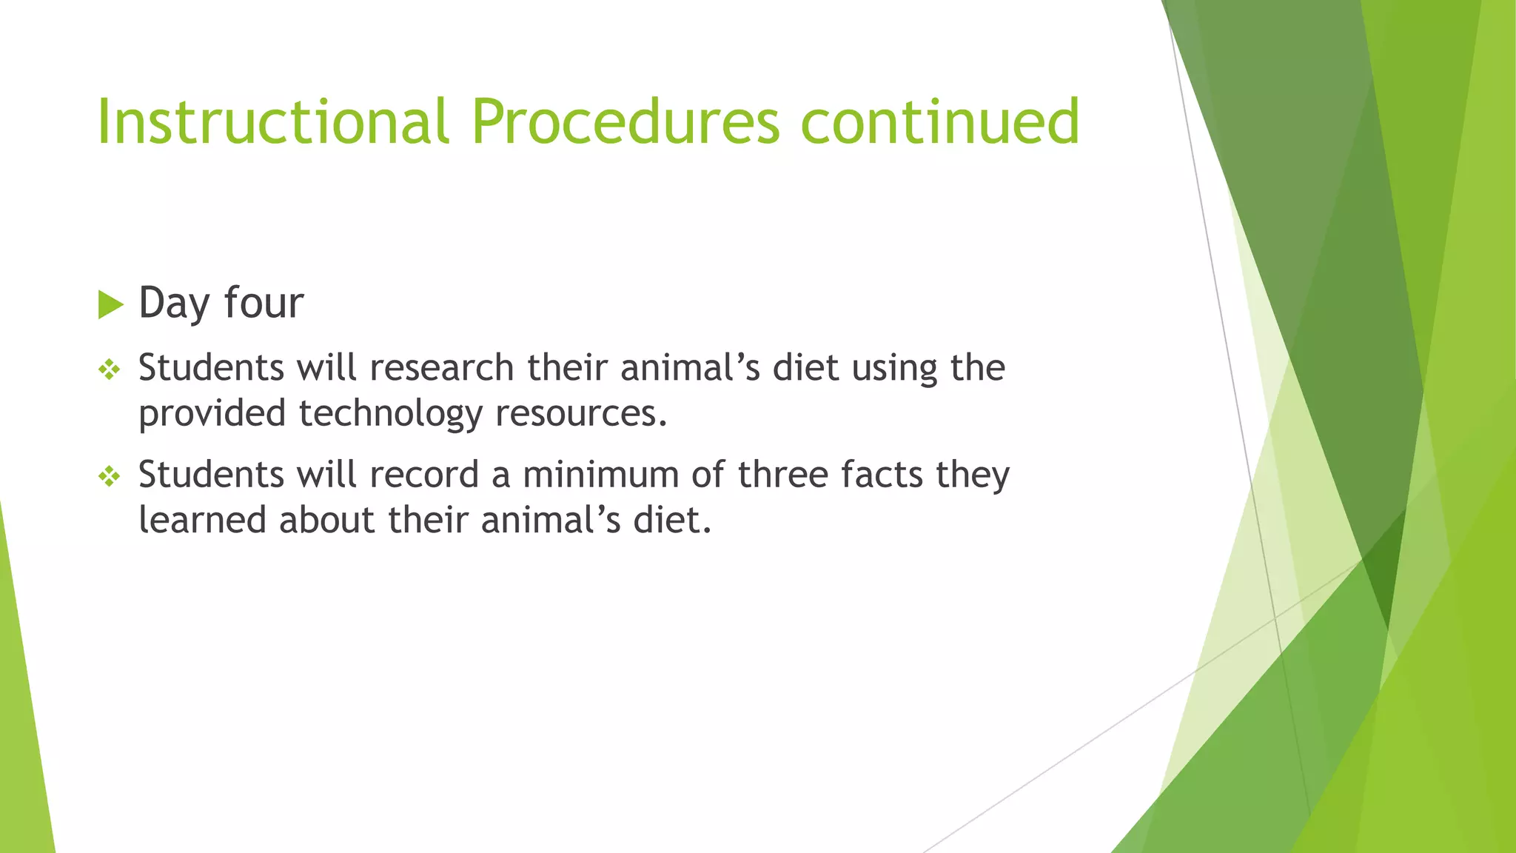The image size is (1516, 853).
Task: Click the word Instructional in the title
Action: coord(272,121)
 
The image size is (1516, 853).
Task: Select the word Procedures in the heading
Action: coord(625,121)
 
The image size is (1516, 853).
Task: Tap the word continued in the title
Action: coord(940,121)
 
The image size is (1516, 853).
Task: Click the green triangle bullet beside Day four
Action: coord(110,304)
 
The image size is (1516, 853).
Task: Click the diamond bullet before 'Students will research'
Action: coord(110,369)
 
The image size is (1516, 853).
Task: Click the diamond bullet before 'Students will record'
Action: coord(110,476)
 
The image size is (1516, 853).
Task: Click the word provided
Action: coord(212,413)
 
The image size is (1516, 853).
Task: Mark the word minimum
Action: coord(600,475)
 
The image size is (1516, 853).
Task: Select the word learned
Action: coord(202,520)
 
